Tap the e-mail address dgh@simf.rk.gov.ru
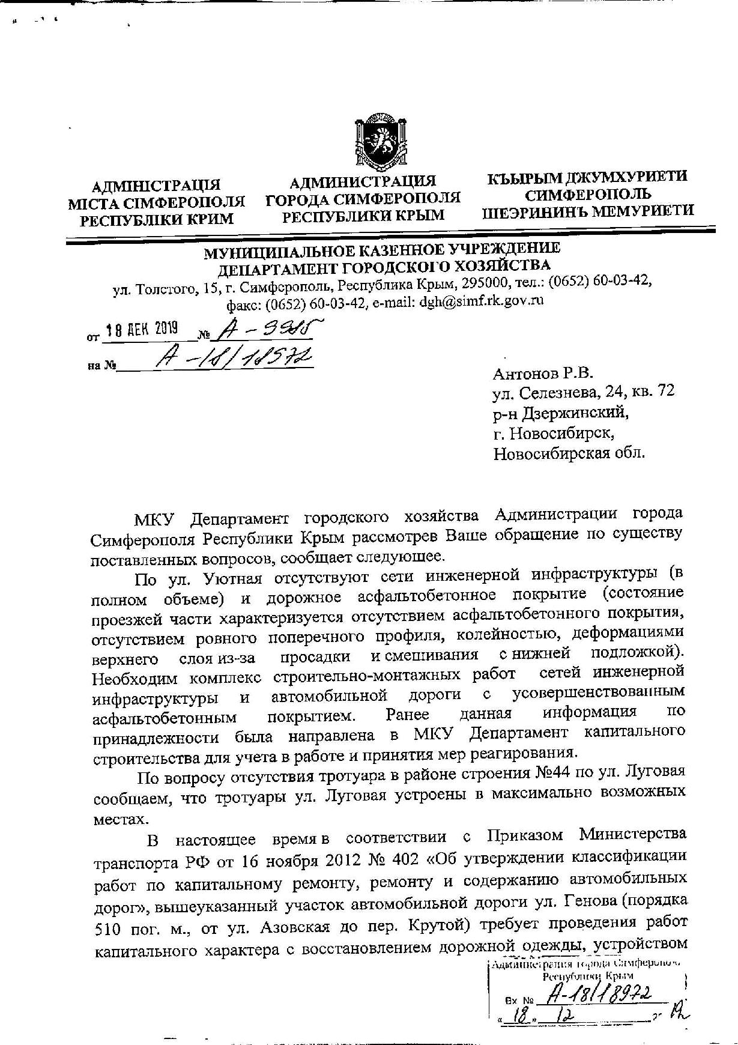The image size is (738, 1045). click(481, 301)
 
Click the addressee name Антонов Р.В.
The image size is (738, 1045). click(542, 374)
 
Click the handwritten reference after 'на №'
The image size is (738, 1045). click(234, 359)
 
